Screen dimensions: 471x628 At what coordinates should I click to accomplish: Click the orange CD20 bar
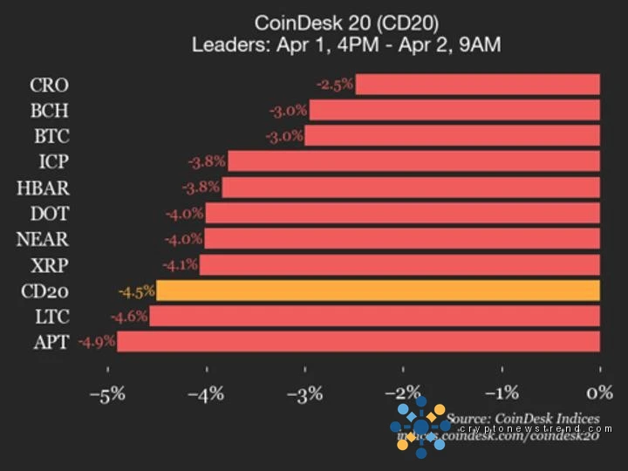(x=378, y=290)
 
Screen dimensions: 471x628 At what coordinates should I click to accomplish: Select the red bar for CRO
(x=477, y=85)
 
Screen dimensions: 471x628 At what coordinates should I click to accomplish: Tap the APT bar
(x=358, y=341)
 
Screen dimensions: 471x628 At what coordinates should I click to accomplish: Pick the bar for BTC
(x=452, y=136)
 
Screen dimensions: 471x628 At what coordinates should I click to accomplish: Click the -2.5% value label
(x=335, y=85)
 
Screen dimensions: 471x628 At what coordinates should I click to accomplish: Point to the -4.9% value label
(x=97, y=341)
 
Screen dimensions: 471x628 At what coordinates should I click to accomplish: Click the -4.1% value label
(x=180, y=264)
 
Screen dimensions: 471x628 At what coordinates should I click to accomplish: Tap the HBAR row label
(x=42, y=188)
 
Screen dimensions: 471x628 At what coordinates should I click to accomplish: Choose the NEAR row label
(x=42, y=239)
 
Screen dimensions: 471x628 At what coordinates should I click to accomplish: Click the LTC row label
(x=49, y=316)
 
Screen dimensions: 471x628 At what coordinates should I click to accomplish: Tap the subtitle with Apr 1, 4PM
(x=346, y=44)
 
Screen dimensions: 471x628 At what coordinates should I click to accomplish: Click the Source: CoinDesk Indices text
(x=523, y=419)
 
